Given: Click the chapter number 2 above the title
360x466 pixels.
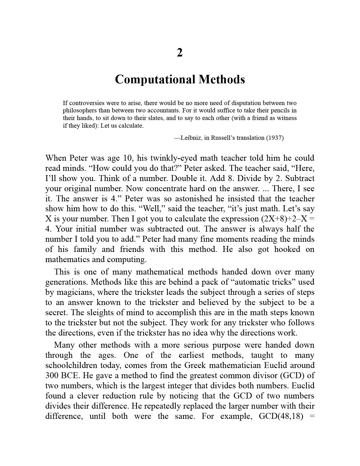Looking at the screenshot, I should [180, 53].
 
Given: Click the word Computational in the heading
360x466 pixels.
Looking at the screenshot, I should [155, 79].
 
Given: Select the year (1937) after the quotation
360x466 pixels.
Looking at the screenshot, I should [275, 138].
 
